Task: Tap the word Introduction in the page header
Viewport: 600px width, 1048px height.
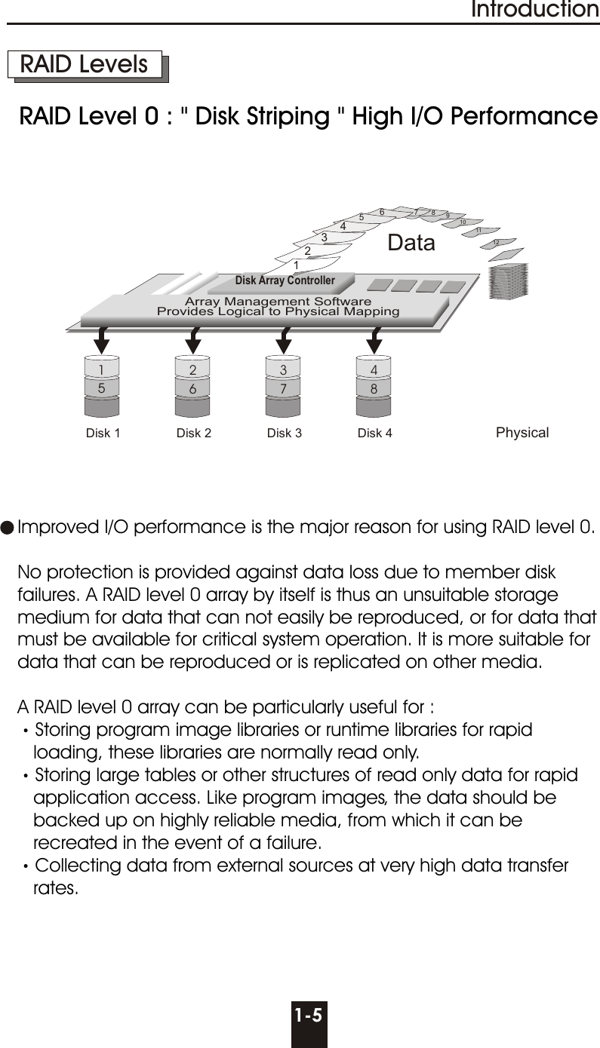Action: click(534, 10)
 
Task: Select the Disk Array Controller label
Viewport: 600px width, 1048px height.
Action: click(285, 280)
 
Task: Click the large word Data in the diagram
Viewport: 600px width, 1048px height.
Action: click(411, 243)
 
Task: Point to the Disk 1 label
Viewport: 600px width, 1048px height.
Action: click(103, 434)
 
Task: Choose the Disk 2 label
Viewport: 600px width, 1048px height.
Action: click(193, 434)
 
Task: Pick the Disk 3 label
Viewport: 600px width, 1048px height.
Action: click(285, 434)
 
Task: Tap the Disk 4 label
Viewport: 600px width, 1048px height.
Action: click(374, 434)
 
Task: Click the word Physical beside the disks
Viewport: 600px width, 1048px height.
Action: click(522, 433)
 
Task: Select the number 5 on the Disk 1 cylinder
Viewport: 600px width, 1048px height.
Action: click(102, 388)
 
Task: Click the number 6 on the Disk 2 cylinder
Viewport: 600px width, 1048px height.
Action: click(193, 388)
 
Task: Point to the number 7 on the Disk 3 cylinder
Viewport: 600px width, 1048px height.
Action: click(284, 388)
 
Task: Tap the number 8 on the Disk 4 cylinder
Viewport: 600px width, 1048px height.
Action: click(374, 388)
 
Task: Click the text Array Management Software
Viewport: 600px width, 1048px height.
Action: click(278, 302)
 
